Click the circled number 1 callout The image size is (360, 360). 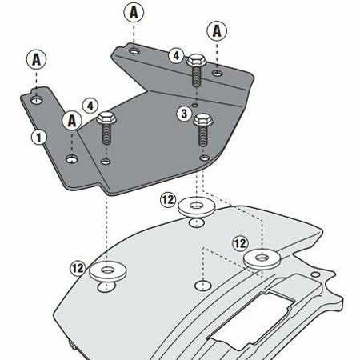click(x=39, y=138)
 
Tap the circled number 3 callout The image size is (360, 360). click(x=184, y=114)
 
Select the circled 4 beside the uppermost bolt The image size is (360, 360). click(x=176, y=56)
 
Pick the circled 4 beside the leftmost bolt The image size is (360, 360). click(x=90, y=106)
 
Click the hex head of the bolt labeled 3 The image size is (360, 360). click(x=203, y=120)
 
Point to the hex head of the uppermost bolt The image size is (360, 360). click(x=197, y=60)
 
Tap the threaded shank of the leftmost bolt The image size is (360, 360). click(x=106, y=134)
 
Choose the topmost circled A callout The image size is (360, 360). click(x=134, y=13)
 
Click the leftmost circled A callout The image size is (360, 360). click(x=36, y=59)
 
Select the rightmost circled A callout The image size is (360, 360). click(x=217, y=31)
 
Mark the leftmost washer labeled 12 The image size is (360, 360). click(x=107, y=271)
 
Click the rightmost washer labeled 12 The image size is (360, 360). click(x=262, y=258)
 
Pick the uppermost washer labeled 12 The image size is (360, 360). click(x=197, y=206)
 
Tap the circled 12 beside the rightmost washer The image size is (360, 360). click(x=240, y=243)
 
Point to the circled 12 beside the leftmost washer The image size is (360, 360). click(x=78, y=268)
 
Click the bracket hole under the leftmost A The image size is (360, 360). click(x=37, y=100)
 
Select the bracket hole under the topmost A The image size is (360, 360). click(x=134, y=50)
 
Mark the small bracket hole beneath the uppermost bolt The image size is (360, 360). click(x=196, y=105)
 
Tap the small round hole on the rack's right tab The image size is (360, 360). click(x=315, y=274)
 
